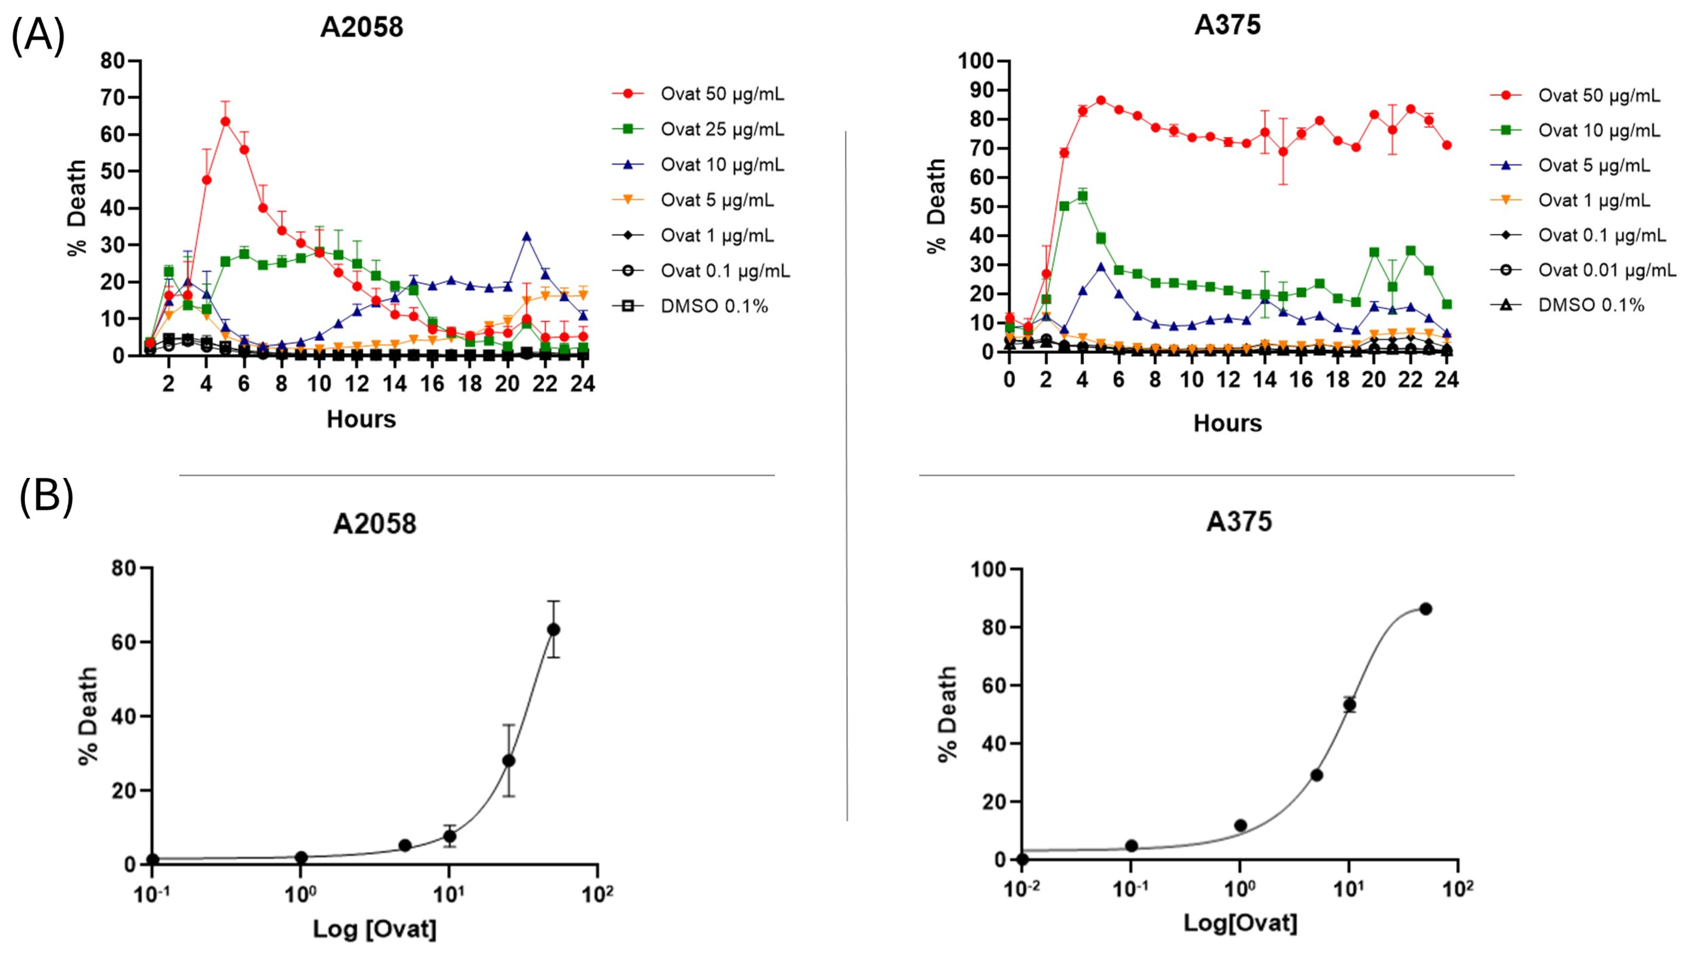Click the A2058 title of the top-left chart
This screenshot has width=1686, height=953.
pyautogui.click(x=361, y=27)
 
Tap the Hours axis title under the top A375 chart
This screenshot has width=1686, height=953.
pyautogui.click(x=1227, y=423)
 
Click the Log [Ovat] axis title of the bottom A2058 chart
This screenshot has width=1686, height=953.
pyautogui.click(x=374, y=929)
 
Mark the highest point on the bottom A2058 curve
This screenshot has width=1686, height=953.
pyautogui.click(x=553, y=630)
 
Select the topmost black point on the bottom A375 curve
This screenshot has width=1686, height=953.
pyautogui.click(x=1425, y=609)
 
